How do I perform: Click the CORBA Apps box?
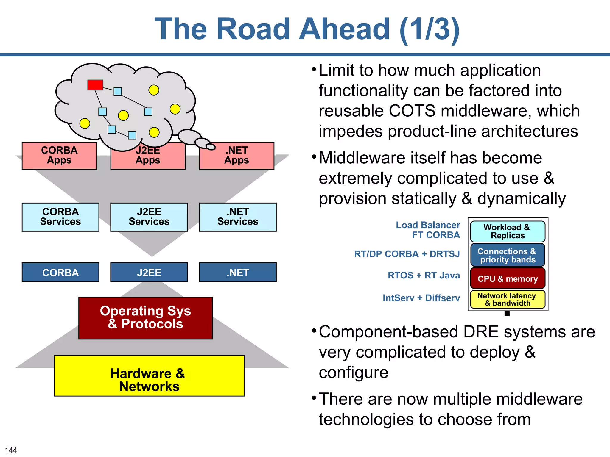(x=59, y=156)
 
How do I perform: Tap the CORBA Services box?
(x=60, y=217)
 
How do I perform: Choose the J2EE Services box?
(x=149, y=217)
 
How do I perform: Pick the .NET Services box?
(x=238, y=217)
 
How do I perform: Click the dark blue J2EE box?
(x=149, y=272)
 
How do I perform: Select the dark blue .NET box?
(x=238, y=272)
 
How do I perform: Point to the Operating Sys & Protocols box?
(x=145, y=318)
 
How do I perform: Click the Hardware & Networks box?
(x=149, y=376)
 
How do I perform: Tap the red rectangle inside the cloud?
(x=95, y=85)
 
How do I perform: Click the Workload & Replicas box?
(x=508, y=231)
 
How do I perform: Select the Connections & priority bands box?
(x=508, y=255)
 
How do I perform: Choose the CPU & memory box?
(x=508, y=278)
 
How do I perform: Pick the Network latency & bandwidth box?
(x=508, y=299)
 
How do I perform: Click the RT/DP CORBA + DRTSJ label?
(x=407, y=254)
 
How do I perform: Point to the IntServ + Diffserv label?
(x=421, y=298)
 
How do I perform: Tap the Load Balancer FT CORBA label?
(x=428, y=230)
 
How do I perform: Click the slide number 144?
(x=11, y=450)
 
